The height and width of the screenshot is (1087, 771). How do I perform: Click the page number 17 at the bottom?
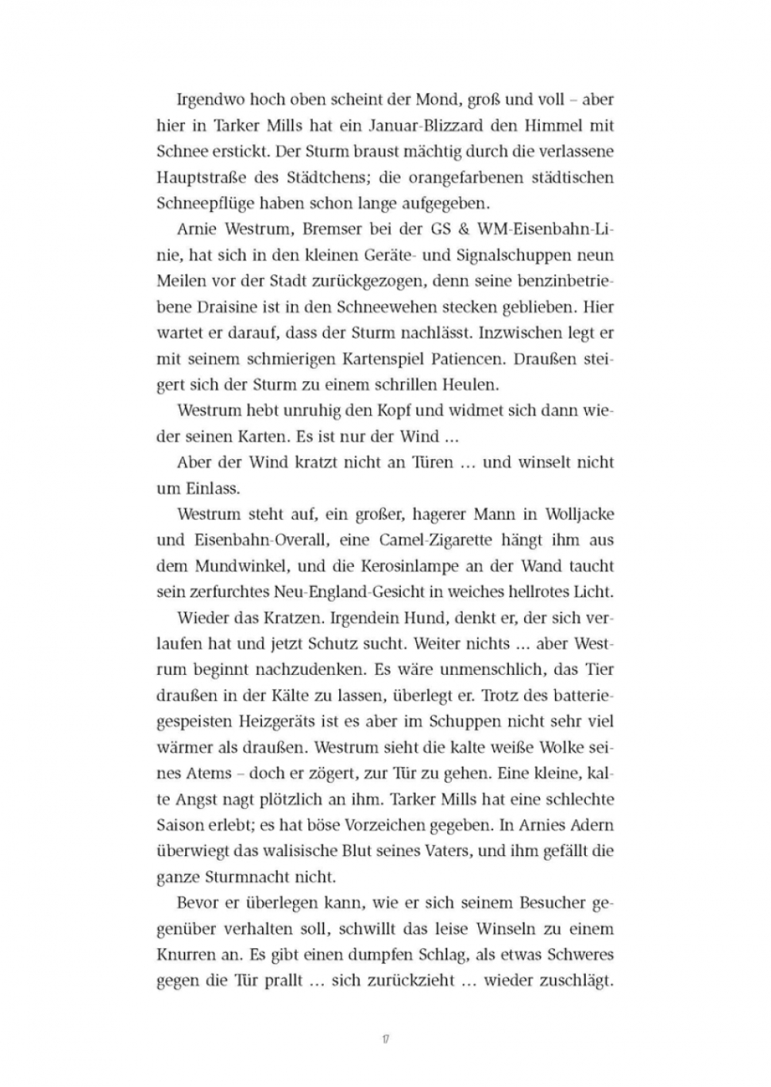(385, 1038)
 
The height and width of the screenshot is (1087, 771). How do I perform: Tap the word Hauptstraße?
(203, 177)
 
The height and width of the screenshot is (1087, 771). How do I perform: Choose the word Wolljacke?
(579, 514)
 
